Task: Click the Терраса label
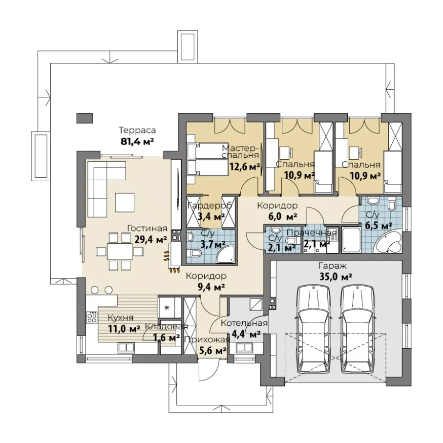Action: pyautogui.click(x=137, y=130)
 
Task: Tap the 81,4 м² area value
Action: pyautogui.click(x=137, y=141)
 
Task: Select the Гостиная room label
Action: pyautogui.click(x=147, y=228)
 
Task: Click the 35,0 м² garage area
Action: pyautogui.click(x=336, y=276)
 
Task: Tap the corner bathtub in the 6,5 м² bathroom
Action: pyautogui.click(x=387, y=242)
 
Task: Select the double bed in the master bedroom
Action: pyautogui.click(x=208, y=159)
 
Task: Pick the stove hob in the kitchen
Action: pyautogui.click(x=92, y=316)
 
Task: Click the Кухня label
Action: pyautogui.click(x=120, y=318)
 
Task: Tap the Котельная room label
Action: pyautogui.click(x=244, y=323)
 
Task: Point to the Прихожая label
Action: pyautogui.click(x=207, y=339)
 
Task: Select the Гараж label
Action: pyautogui.click(x=333, y=266)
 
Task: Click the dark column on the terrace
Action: pyautogui.click(x=84, y=118)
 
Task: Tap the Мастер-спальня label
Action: pyautogui.click(x=240, y=151)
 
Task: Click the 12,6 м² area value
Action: pyautogui.click(x=245, y=167)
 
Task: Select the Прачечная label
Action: pyautogui.click(x=312, y=233)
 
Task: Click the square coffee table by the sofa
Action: pyautogui.click(x=125, y=202)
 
